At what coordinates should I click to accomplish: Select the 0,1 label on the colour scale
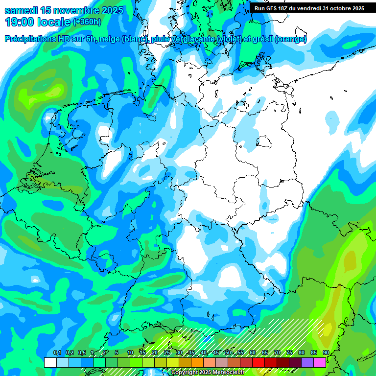tap(57, 353)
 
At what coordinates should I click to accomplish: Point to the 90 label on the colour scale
tap(326, 353)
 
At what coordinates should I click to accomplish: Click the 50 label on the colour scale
tap(228, 353)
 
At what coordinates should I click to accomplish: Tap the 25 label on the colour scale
tap(167, 353)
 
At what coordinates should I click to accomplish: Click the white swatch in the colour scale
tap(50, 362)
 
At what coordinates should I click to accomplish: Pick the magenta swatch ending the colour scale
tap(320, 362)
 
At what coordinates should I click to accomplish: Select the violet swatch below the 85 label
tap(307, 362)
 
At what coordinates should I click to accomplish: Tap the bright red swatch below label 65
tap(258, 362)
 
